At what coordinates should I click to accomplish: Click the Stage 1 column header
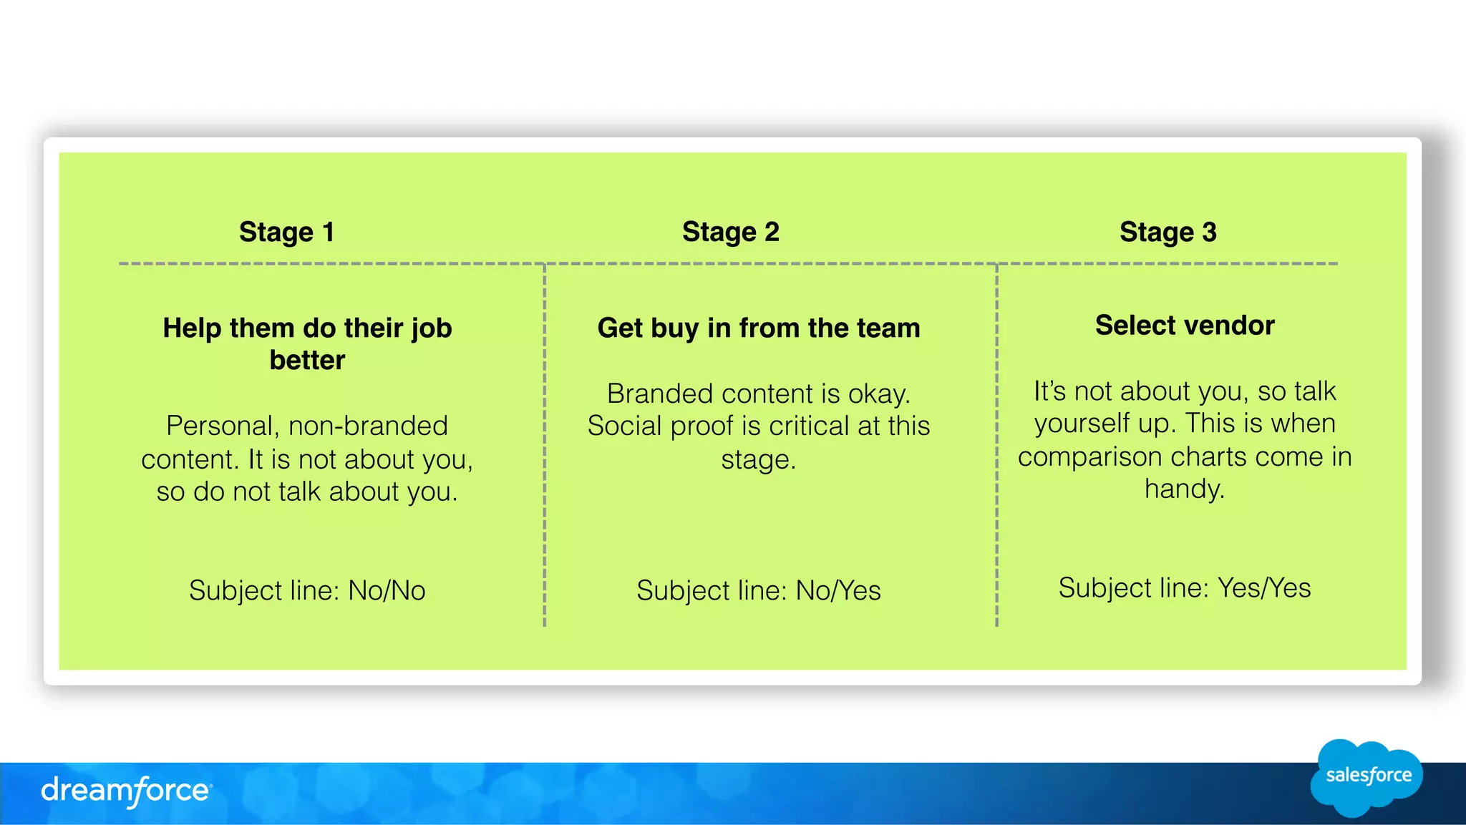pos(286,232)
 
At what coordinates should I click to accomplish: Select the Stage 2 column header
pos(730,232)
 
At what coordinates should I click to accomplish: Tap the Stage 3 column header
pos(1168,232)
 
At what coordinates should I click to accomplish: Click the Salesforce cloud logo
pos(1367,777)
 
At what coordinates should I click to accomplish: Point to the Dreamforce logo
pos(126,791)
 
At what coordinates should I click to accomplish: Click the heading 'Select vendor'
pos(1185,326)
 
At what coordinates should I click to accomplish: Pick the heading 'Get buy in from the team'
pos(759,328)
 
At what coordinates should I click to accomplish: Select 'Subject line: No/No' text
pos(307,590)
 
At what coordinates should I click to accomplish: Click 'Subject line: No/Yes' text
pos(759,590)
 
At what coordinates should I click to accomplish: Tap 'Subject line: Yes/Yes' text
pos(1185,587)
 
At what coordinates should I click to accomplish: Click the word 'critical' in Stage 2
pos(809,426)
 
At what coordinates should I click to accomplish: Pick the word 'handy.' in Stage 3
pos(1185,489)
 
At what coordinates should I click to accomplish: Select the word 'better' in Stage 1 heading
pos(307,360)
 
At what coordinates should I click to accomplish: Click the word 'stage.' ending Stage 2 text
pos(759,459)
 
